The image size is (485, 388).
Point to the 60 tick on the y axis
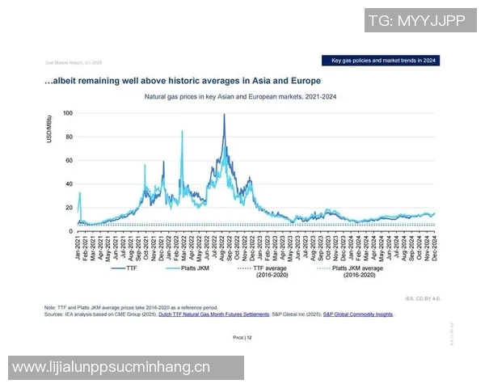[x=69, y=160]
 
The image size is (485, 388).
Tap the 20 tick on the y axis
[x=69, y=208]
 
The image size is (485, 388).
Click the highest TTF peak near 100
[x=224, y=115]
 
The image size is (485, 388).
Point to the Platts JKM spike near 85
[x=182, y=131]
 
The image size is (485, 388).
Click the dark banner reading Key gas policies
[x=384, y=61]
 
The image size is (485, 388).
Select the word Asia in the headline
[x=257, y=81]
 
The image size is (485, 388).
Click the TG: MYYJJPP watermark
[x=415, y=21]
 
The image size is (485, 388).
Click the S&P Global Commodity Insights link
[x=358, y=314]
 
